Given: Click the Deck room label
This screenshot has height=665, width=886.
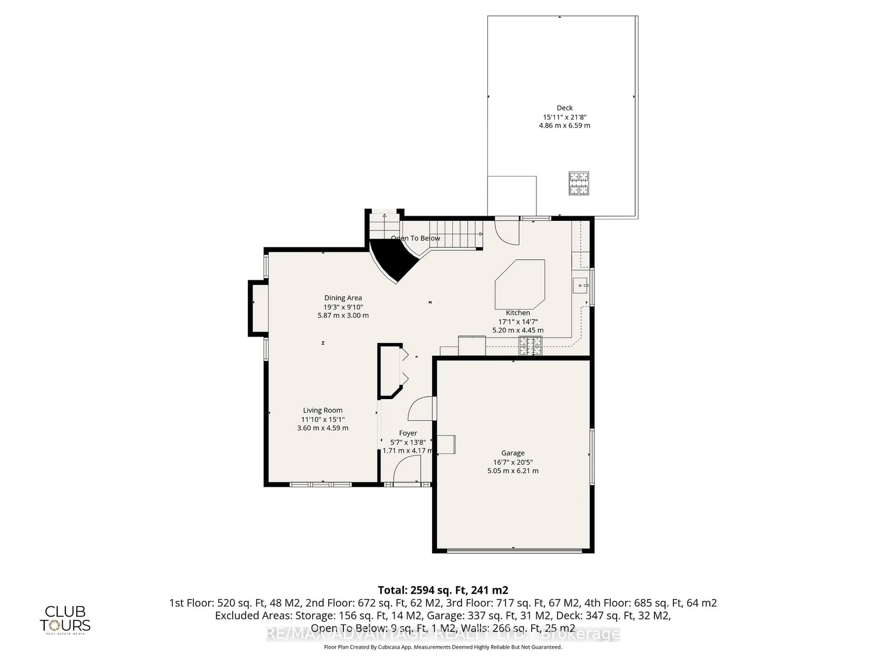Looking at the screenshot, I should coord(564,108).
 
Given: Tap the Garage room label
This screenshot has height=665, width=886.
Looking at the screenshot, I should coord(513,453).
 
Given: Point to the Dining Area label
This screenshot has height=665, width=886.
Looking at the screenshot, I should coord(343,298).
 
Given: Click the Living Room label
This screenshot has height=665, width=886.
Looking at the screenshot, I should coord(322,410).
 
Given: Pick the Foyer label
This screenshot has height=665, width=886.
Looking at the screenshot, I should coord(408,433).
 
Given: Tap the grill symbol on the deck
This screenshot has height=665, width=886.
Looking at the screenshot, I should coord(579,183).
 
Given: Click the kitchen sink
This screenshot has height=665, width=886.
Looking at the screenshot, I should coord(580,285).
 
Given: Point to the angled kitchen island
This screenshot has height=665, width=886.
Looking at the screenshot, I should coord(520,284).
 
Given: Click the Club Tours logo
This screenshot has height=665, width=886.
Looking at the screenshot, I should coord(65,619).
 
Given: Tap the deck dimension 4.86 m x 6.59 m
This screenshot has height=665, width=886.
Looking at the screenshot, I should coord(564,125).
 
